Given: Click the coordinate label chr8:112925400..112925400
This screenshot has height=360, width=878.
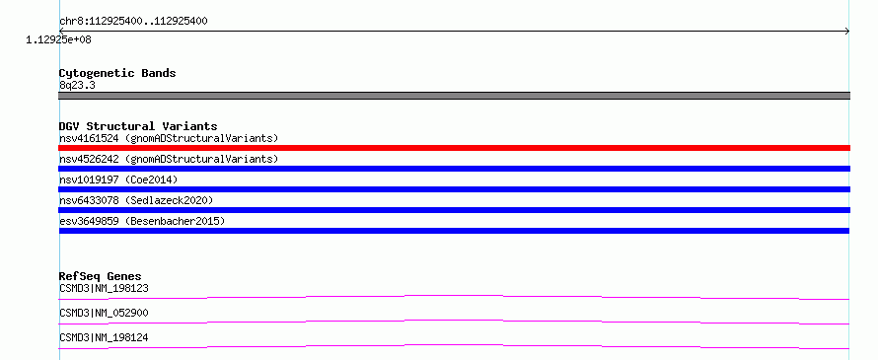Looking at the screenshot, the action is (133, 22).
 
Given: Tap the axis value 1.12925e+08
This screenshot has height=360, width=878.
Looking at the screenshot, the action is (59, 39).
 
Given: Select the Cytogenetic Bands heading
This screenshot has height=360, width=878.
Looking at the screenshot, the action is (117, 73).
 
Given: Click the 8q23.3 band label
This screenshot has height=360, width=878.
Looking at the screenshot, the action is (77, 85).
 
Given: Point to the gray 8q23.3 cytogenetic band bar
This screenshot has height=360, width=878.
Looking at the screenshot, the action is (454, 96).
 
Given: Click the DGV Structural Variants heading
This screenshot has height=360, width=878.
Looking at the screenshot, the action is (138, 126).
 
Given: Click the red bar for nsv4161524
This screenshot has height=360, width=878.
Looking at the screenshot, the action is (454, 148).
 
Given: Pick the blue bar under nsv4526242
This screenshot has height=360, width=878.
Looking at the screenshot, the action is (454, 169).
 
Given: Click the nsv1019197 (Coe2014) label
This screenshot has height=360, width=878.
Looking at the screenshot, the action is (118, 180).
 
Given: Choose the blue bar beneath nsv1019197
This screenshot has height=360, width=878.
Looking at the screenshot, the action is (454, 189).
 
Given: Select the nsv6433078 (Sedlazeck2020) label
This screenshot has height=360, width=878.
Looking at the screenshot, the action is (136, 200).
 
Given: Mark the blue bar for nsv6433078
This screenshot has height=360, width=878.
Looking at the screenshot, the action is (454, 210).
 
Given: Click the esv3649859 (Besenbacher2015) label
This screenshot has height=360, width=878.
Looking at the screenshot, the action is (142, 221).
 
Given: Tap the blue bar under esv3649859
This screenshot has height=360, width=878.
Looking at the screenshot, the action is (454, 231).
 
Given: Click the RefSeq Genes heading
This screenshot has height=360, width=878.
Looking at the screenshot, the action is (101, 276).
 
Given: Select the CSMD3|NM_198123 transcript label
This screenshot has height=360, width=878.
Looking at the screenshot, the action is (104, 288).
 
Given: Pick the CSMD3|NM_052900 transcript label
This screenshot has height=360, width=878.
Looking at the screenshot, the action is (104, 313).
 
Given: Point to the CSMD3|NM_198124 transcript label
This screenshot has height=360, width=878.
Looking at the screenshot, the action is (104, 337).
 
